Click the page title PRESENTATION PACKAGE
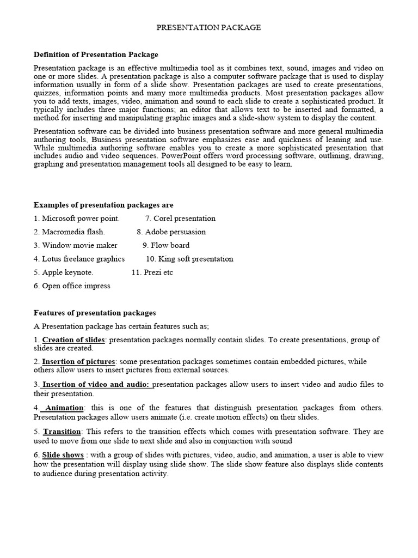click(x=209, y=28)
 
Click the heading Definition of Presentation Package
click(x=96, y=54)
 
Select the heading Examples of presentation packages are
click(x=103, y=205)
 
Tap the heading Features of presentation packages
click(x=95, y=313)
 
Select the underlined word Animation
click(x=64, y=408)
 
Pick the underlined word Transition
click(x=62, y=432)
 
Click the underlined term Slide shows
click(x=63, y=455)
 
